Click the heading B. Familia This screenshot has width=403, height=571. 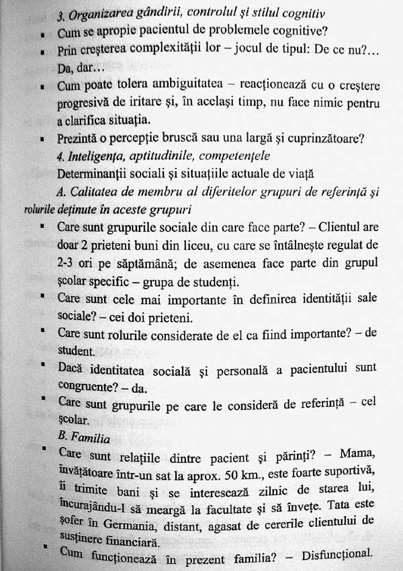click(x=84, y=437)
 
